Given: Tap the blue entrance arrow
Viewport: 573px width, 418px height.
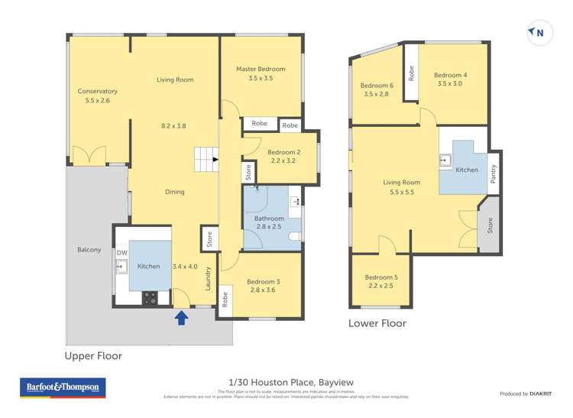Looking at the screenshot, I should pyautogui.click(x=182, y=316).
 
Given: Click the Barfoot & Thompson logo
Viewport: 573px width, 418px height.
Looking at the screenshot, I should pyautogui.click(x=62, y=387).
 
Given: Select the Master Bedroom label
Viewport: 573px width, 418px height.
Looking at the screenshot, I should pyautogui.click(x=261, y=69).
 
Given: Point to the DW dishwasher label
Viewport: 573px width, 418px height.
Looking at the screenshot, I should pyautogui.click(x=121, y=253).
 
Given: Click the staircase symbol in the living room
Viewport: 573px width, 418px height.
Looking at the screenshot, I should pyautogui.click(x=205, y=160).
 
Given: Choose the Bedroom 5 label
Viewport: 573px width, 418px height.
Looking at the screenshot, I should pyautogui.click(x=380, y=277).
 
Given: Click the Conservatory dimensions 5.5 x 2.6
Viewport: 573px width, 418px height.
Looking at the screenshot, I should pyautogui.click(x=98, y=100).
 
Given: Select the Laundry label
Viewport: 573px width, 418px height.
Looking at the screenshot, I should pyautogui.click(x=208, y=283).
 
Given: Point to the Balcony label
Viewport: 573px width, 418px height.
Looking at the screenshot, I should pyautogui.click(x=89, y=250).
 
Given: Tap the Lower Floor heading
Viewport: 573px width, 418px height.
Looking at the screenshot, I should pyautogui.click(x=377, y=323).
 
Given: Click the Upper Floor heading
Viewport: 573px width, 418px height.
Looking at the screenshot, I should pyautogui.click(x=93, y=356).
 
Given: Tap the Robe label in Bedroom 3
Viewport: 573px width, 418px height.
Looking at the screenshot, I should pyautogui.click(x=225, y=300).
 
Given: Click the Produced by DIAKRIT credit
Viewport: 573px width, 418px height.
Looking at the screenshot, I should pyautogui.click(x=526, y=394).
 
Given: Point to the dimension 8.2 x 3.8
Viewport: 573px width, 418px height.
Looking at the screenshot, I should pyautogui.click(x=173, y=125).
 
